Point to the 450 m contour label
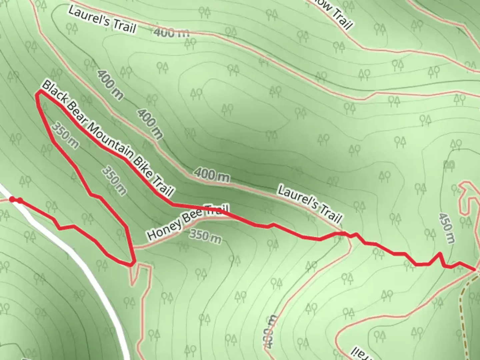[x=447, y=228]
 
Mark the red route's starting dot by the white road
[x=12, y=199]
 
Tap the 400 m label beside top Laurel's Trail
[x=171, y=32]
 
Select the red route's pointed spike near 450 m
[x=440, y=254]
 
